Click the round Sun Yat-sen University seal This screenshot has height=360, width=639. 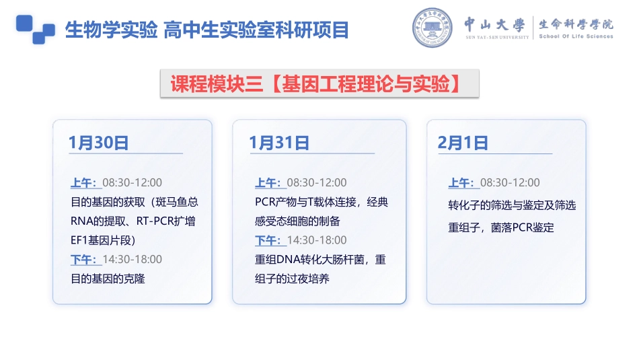pyautogui.click(x=432, y=28)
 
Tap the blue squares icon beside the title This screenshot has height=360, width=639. pyautogui.click(x=36, y=30)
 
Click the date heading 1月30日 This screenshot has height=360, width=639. pyautogui.click(x=99, y=143)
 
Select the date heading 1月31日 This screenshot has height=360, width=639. pyautogui.click(x=279, y=143)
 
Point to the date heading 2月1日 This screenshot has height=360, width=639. pyautogui.click(x=463, y=143)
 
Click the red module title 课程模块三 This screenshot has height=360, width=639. pyautogui.click(x=217, y=84)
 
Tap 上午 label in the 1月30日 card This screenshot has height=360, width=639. pyautogui.click(x=83, y=182)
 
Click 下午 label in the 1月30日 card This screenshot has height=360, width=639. pyautogui.click(x=83, y=259)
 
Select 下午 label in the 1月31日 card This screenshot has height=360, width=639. pyautogui.click(x=268, y=240)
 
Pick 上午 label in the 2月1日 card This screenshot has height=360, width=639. pyautogui.click(x=461, y=182)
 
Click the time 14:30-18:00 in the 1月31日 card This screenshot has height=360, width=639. pyautogui.click(x=317, y=240)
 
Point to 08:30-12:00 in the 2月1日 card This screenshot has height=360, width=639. pyautogui.click(x=510, y=182)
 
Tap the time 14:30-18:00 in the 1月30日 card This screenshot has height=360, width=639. pyautogui.click(x=132, y=259)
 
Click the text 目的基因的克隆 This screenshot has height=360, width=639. pyautogui.click(x=108, y=279)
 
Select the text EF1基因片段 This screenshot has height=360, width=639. pyautogui.click(x=101, y=240)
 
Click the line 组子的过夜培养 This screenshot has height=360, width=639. pyautogui.click(x=292, y=279)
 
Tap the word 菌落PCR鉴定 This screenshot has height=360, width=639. pyautogui.click(x=523, y=227)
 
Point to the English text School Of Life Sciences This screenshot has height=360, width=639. pyautogui.click(x=576, y=36)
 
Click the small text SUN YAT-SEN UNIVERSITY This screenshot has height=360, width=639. pyautogui.click(x=497, y=37)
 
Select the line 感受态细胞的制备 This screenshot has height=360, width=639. pyautogui.click(x=297, y=221)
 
